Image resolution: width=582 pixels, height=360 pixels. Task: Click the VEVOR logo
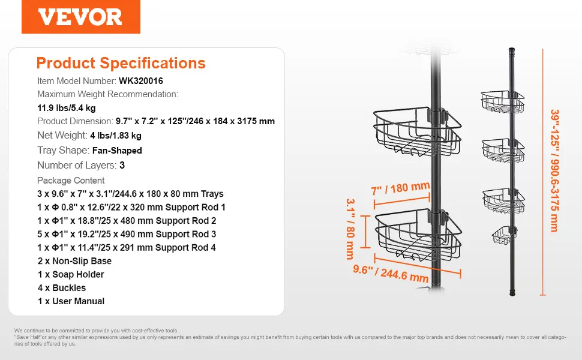pyautogui.click(x=80, y=17)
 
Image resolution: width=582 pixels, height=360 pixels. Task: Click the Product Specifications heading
pyautogui.click(x=121, y=63)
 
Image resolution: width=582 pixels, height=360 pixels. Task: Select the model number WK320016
pyautogui.click(x=140, y=81)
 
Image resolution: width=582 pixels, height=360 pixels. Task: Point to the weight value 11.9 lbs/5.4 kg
pyautogui.click(x=67, y=108)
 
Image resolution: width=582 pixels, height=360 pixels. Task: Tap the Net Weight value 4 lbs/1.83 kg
pyautogui.click(x=116, y=136)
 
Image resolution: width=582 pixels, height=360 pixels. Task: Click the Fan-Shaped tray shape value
pyautogui.click(x=117, y=151)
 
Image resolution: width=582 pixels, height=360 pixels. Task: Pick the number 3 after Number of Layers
pyautogui.click(x=122, y=165)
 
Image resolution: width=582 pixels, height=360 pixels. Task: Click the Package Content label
pyautogui.click(x=71, y=181)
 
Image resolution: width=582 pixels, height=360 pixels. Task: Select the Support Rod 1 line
pyautogui.click(x=131, y=207)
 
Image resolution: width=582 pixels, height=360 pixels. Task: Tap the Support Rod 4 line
pyautogui.click(x=127, y=248)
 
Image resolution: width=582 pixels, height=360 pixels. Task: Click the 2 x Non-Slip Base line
pyautogui.click(x=74, y=261)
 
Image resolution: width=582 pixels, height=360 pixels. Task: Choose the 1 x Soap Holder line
pyautogui.click(x=71, y=274)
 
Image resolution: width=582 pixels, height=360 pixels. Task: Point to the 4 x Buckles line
pyautogui.click(x=62, y=287)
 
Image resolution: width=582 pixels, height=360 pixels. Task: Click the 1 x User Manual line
pyautogui.click(x=71, y=301)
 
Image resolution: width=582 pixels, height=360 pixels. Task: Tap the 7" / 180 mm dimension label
pyautogui.click(x=400, y=188)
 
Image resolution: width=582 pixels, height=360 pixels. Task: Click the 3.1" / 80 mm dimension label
pyautogui.click(x=350, y=229)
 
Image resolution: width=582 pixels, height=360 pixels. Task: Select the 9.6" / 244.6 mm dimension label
pyautogui.click(x=391, y=273)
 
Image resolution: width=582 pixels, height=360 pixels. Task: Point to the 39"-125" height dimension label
pyautogui.click(x=554, y=170)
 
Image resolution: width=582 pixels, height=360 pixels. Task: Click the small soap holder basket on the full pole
pyautogui.click(x=504, y=235)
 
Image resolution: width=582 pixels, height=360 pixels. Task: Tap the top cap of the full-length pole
pyautogui.click(x=511, y=50)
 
